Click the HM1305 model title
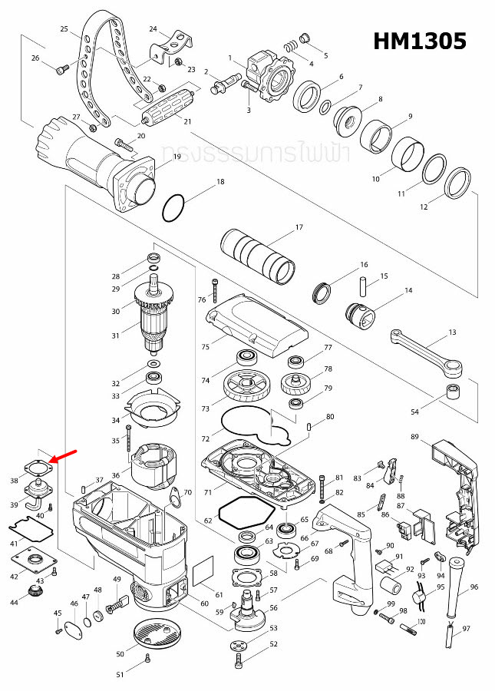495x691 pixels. pyautogui.click(x=419, y=41)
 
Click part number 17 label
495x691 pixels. pyautogui.click(x=299, y=228)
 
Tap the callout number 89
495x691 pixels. pyautogui.click(x=414, y=437)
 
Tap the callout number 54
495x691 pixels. pyautogui.click(x=414, y=412)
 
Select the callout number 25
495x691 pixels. pyautogui.click(x=64, y=29)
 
